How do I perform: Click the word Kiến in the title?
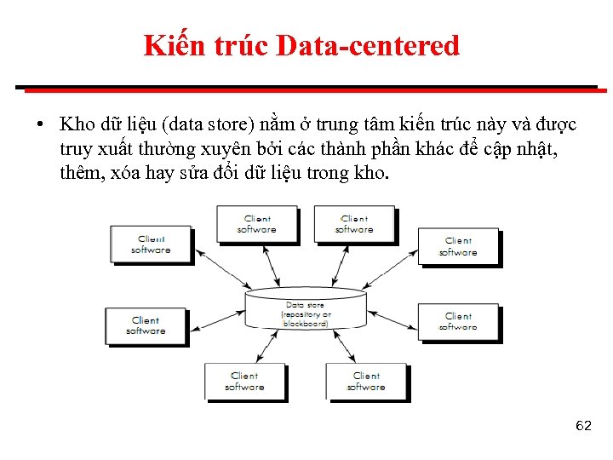click(173, 45)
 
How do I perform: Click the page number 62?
click(583, 425)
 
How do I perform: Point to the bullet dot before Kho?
click(39, 125)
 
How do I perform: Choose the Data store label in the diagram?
click(305, 305)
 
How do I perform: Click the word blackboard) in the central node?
click(305, 324)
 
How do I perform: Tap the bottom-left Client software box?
click(244, 382)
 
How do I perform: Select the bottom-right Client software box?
click(366, 382)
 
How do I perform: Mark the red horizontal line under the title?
click(306, 87)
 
